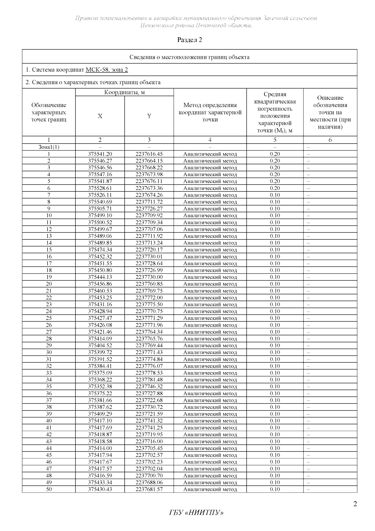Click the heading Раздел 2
[190, 40]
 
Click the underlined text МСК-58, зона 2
[107, 70]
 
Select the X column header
[100, 116]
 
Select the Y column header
[149, 116]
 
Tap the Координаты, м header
[124, 92]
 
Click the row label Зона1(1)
[49, 147]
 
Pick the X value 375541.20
[100, 154]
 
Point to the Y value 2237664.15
[149, 161]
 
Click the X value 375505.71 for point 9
[100, 209]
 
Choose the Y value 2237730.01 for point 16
[149, 257]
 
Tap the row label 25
[49, 318]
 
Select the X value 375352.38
[100, 386]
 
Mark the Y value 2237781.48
[149, 380]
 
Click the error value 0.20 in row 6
[275, 188]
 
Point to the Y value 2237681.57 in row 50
[149, 489]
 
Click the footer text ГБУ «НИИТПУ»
[197, 513]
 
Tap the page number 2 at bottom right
[355, 504]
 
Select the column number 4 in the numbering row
[210, 140]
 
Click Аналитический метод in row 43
[210, 441]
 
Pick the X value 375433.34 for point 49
[100, 482]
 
